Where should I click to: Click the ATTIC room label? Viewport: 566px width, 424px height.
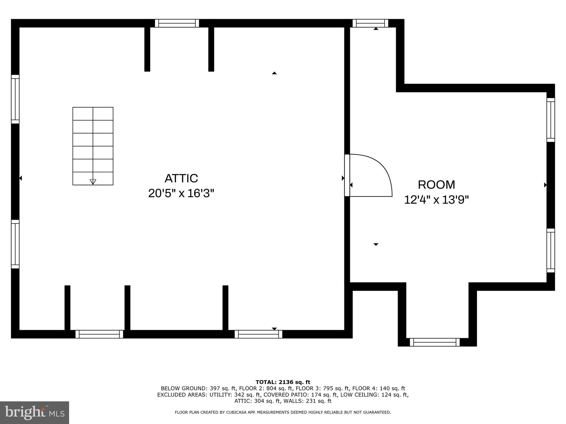coord(181,178)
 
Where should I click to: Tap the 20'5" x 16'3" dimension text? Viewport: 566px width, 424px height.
coord(181,193)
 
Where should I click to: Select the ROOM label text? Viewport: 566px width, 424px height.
coord(436,185)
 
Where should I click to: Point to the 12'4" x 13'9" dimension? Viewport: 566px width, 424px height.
coord(436,200)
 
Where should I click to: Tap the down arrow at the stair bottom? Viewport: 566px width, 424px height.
coord(93,181)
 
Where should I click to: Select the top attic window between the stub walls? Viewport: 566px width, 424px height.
coord(177,23)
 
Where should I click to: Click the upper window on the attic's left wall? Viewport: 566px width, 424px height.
coord(15,99)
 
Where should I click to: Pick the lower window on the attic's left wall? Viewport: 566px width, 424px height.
coord(15,244)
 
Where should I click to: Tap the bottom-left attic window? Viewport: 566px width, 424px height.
coord(99,334)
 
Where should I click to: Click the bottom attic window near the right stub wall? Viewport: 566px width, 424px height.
coord(258,334)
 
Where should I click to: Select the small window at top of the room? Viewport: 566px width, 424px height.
coord(370,23)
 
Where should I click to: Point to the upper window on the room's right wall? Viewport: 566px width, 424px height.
coord(551,120)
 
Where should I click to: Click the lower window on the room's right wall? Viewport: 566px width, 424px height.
coord(551,250)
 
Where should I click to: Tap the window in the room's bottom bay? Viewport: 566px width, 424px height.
coord(435,342)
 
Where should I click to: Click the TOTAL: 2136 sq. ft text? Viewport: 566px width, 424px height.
coord(283,382)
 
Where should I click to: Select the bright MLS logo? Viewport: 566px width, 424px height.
coord(35,412)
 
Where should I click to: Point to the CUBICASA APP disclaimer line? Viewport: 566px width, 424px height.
coord(283,412)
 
